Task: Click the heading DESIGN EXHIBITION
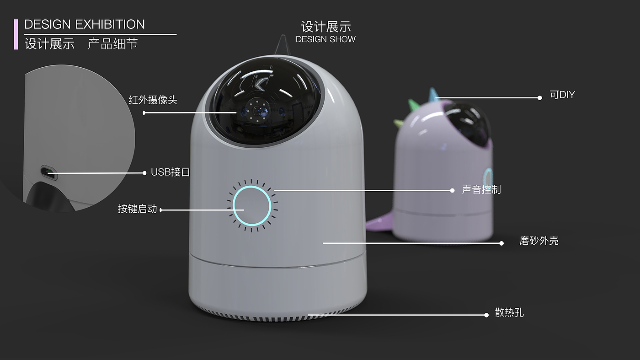click(85, 25)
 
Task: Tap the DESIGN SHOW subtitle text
click(325, 39)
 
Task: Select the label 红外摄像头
click(153, 100)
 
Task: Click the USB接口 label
click(170, 172)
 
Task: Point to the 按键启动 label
click(137, 209)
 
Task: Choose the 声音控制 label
click(481, 189)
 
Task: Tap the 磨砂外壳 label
click(539, 241)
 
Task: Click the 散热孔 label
click(509, 313)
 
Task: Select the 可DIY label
click(562, 95)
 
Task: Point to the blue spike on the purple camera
click(432, 95)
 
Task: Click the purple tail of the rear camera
click(379, 223)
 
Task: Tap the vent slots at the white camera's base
click(274, 316)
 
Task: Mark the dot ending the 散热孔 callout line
click(486, 315)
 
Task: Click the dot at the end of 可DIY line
click(540, 97)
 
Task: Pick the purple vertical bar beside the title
click(16, 34)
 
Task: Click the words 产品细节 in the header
click(112, 44)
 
